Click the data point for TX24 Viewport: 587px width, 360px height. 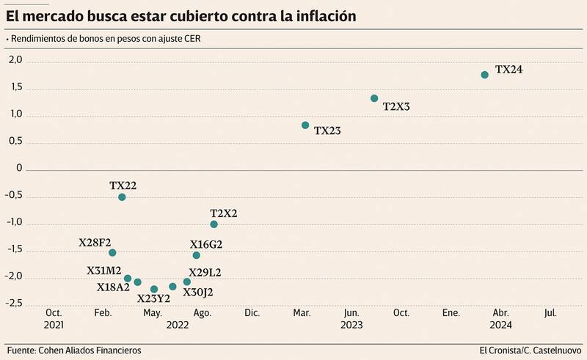point(484,75)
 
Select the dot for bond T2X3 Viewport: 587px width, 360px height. point(374,98)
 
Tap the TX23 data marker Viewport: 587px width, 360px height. point(305,125)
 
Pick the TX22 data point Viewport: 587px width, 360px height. point(122,197)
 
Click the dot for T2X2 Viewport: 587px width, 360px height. point(214,224)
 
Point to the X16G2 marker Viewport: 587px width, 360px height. point(196,255)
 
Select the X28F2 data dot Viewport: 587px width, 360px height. point(112,253)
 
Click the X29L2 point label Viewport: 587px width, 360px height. point(205,273)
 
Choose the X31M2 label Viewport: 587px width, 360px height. point(103,271)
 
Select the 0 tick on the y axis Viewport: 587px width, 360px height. point(19,169)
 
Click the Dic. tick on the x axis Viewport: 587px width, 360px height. point(252,313)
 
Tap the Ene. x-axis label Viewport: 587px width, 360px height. point(451,313)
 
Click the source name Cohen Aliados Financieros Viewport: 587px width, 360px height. point(89,350)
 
